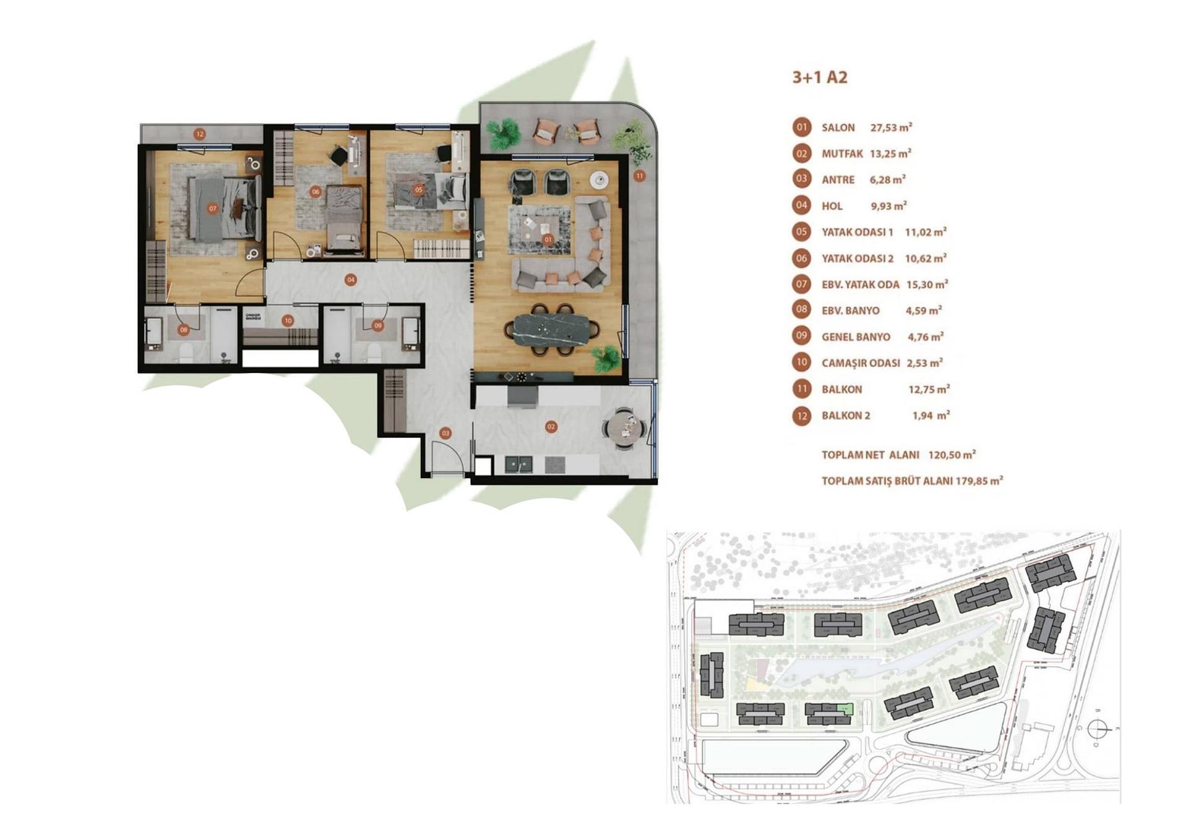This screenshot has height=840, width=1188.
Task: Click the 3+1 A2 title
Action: point(819,77)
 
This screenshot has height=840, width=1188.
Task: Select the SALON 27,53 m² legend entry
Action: point(866,127)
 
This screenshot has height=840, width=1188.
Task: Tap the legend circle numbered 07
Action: point(801,285)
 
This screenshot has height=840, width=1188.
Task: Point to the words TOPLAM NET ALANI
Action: point(870,455)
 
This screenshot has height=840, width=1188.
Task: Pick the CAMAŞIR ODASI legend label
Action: point(860,363)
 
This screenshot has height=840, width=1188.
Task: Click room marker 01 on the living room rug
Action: point(548,239)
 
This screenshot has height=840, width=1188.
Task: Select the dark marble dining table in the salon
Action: point(551,328)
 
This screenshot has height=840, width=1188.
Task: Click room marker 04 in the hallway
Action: point(351,280)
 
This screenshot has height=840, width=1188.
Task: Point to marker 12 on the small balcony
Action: point(199,134)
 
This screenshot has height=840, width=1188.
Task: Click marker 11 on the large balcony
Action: point(639,176)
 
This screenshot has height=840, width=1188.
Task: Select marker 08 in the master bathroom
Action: point(184,330)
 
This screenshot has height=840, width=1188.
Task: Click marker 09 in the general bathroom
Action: point(378,325)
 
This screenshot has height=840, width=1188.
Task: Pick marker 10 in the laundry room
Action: point(288,320)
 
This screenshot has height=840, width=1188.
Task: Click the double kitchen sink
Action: point(519,464)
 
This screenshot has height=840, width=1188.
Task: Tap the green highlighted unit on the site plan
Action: point(845,709)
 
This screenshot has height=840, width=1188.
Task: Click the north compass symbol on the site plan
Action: point(1099,729)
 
